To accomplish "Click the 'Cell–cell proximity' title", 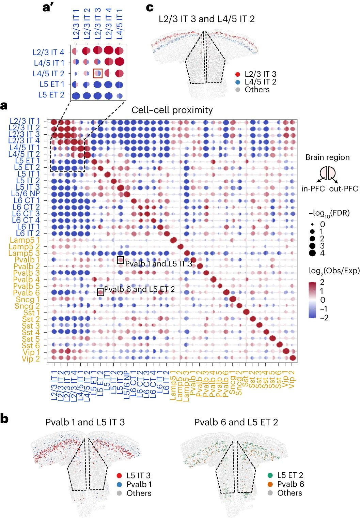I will click(x=172, y=110).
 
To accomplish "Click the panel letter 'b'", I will click(x=4, y=418).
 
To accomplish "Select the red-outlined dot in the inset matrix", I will click(x=98, y=73).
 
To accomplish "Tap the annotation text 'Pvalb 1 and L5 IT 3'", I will click(x=159, y=264).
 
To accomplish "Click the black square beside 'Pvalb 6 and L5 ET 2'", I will click(x=100, y=292).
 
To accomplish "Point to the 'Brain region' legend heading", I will click(x=327, y=157).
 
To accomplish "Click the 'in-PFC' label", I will click(x=313, y=189).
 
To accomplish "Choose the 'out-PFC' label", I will click(x=343, y=189).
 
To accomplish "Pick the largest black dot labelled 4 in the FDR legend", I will click(x=312, y=253).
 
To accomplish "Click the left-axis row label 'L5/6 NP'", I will click(x=26, y=194).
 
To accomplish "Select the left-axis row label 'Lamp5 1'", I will click(x=25, y=240).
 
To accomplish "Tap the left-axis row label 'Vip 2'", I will click(x=31, y=359).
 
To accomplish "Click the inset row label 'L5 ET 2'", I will click(x=51, y=95).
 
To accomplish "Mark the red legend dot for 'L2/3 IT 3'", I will click(x=238, y=74).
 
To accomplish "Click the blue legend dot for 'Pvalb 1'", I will click(x=119, y=484).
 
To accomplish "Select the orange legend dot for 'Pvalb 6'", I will click(x=270, y=484).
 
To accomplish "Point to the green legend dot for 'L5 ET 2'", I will click(x=270, y=475).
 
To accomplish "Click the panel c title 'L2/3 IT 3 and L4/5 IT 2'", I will click(x=206, y=19).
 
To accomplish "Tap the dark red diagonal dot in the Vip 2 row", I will click(x=293, y=358).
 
